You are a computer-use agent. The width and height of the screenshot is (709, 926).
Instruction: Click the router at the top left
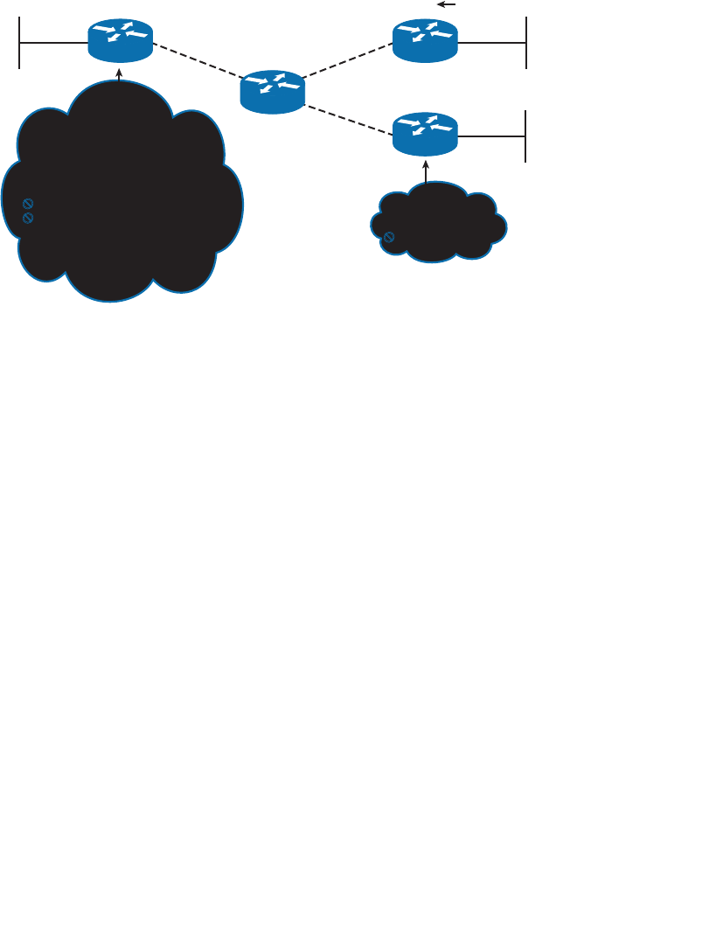[x=120, y=40]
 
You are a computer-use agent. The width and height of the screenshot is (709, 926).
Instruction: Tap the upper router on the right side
[x=425, y=40]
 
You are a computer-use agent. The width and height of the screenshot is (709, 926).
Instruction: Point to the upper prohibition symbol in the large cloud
[x=28, y=204]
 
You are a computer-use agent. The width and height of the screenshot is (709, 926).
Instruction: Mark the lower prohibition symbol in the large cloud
[x=28, y=217]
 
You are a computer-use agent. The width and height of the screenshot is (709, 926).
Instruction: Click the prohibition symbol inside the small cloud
[x=389, y=237]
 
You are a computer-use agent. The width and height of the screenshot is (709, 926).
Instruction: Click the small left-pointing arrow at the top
[x=447, y=4]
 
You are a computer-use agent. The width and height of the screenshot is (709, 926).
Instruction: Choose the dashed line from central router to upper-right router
[x=348, y=63]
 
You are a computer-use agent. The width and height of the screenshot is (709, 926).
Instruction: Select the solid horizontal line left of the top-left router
[x=53, y=41]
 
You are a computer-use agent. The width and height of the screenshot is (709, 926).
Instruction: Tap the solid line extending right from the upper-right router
[x=492, y=41]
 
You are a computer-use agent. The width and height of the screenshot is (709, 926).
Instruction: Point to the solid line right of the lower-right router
[x=492, y=136]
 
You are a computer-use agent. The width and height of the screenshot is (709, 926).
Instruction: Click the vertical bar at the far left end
[x=19, y=42]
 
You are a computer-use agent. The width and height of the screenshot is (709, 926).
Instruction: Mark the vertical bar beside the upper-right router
[x=525, y=42]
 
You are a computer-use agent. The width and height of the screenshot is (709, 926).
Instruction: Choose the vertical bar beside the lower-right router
[x=525, y=136]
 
